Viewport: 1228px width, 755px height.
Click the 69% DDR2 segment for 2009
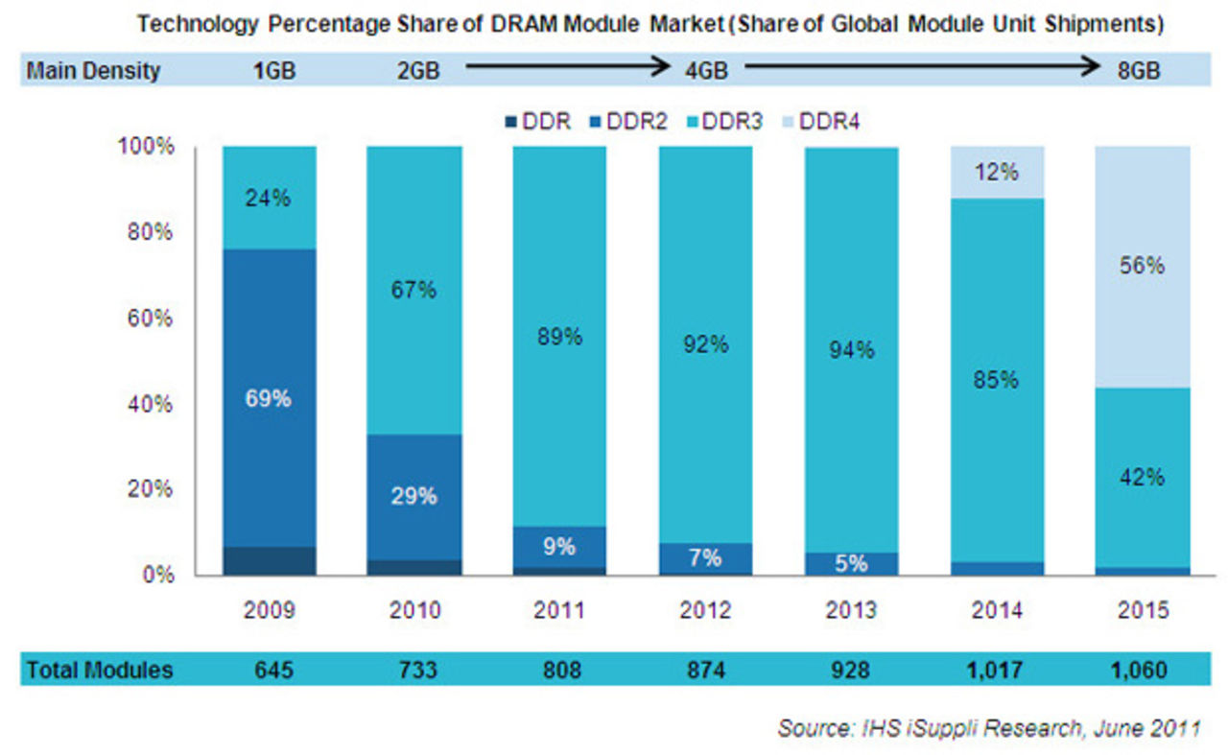(x=269, y=398)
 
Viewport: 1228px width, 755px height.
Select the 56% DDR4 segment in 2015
(x=1142, y=267)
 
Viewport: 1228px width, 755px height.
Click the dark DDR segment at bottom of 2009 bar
(x=269, y=561)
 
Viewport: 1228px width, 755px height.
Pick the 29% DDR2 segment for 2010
(x=413, y=496)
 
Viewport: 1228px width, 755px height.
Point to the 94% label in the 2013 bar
(x=851, y=350)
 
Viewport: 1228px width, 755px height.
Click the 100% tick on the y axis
(x=147, y=147)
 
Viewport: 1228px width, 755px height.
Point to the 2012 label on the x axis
(x=704, y=611)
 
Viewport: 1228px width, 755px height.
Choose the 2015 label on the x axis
(x=1142, y=611)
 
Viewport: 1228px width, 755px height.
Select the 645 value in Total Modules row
(x=269, y=670)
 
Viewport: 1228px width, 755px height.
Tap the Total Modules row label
(x=100, y=670)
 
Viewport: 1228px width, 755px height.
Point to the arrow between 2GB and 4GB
(x=566, y=67)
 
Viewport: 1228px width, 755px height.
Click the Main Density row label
(x=93, y=71)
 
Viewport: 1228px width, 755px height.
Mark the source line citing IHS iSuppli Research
(x=988, y=728)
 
